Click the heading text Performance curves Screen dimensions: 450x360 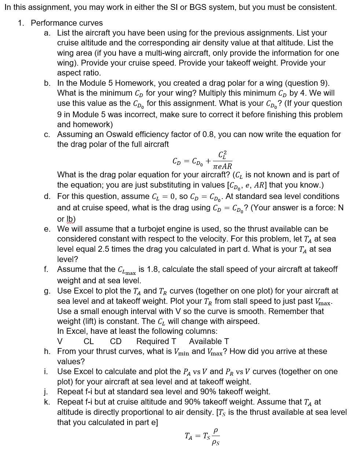[67, 23]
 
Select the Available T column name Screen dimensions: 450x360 [209, 342]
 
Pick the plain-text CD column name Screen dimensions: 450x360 [116, 342]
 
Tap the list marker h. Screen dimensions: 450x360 [47, 351]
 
